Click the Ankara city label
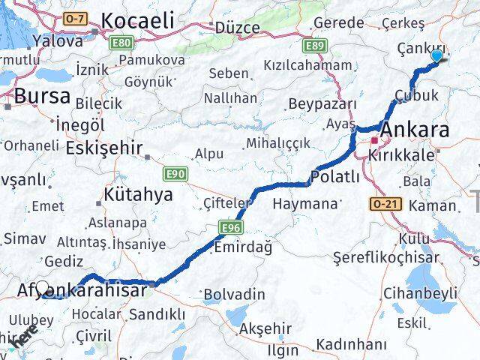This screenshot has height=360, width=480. [415, 130]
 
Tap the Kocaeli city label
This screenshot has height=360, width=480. [137, 20]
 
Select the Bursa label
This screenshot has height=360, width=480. [42, 95]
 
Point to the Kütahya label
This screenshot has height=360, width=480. [138, 194]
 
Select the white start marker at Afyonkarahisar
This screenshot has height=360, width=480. [43, 288]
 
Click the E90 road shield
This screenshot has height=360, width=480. [175, 173]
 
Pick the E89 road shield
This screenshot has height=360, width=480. [314, 46]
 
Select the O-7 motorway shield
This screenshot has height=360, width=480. [75, 18]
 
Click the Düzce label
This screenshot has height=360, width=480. [237, 28]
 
